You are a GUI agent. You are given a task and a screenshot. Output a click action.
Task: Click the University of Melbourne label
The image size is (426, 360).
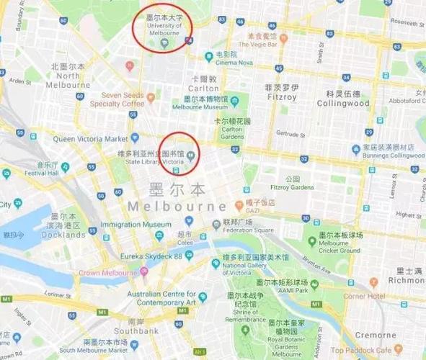coord(164,30)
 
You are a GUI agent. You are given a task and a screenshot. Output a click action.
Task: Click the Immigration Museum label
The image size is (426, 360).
coord(136,225)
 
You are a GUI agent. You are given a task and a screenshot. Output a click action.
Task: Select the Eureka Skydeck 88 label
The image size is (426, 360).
coord(152,256)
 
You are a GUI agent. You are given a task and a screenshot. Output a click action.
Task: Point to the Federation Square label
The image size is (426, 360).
coord(248,230)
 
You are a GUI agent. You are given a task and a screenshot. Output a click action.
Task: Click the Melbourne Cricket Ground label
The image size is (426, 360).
coord(339,251)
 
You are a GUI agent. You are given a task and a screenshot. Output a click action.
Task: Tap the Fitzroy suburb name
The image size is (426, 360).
coord(281,96)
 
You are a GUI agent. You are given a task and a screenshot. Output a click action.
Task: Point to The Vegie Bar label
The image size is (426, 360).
coord(262,44)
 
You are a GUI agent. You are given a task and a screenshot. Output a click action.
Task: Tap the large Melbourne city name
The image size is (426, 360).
coord(177,207)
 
